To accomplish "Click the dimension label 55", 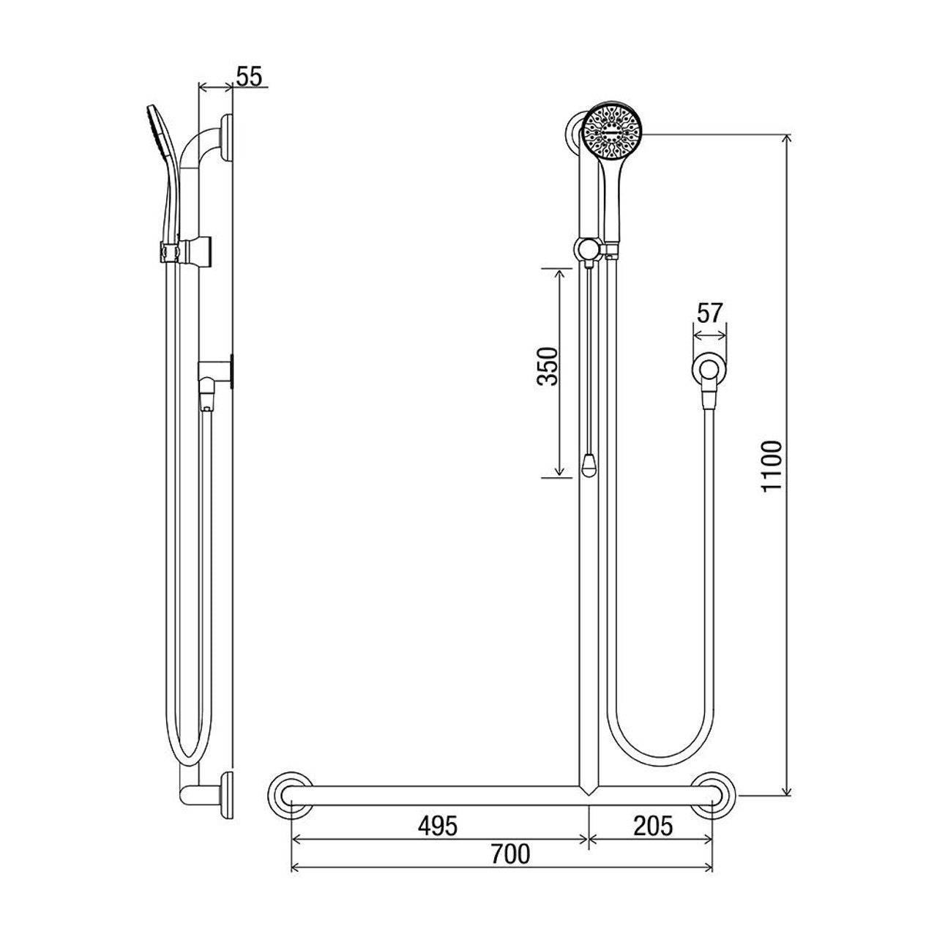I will (249, 76).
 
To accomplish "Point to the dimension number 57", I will (709, 313).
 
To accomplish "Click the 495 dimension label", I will (438, 826).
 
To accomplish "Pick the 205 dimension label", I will (652, 826).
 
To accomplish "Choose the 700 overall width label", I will (510, 854).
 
